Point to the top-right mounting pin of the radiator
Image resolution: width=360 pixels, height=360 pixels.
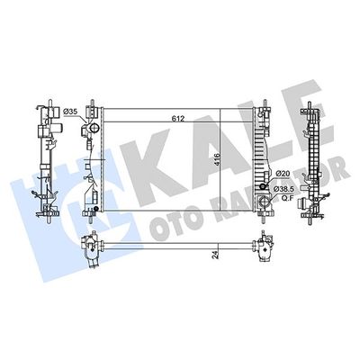(x=265, y=102)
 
